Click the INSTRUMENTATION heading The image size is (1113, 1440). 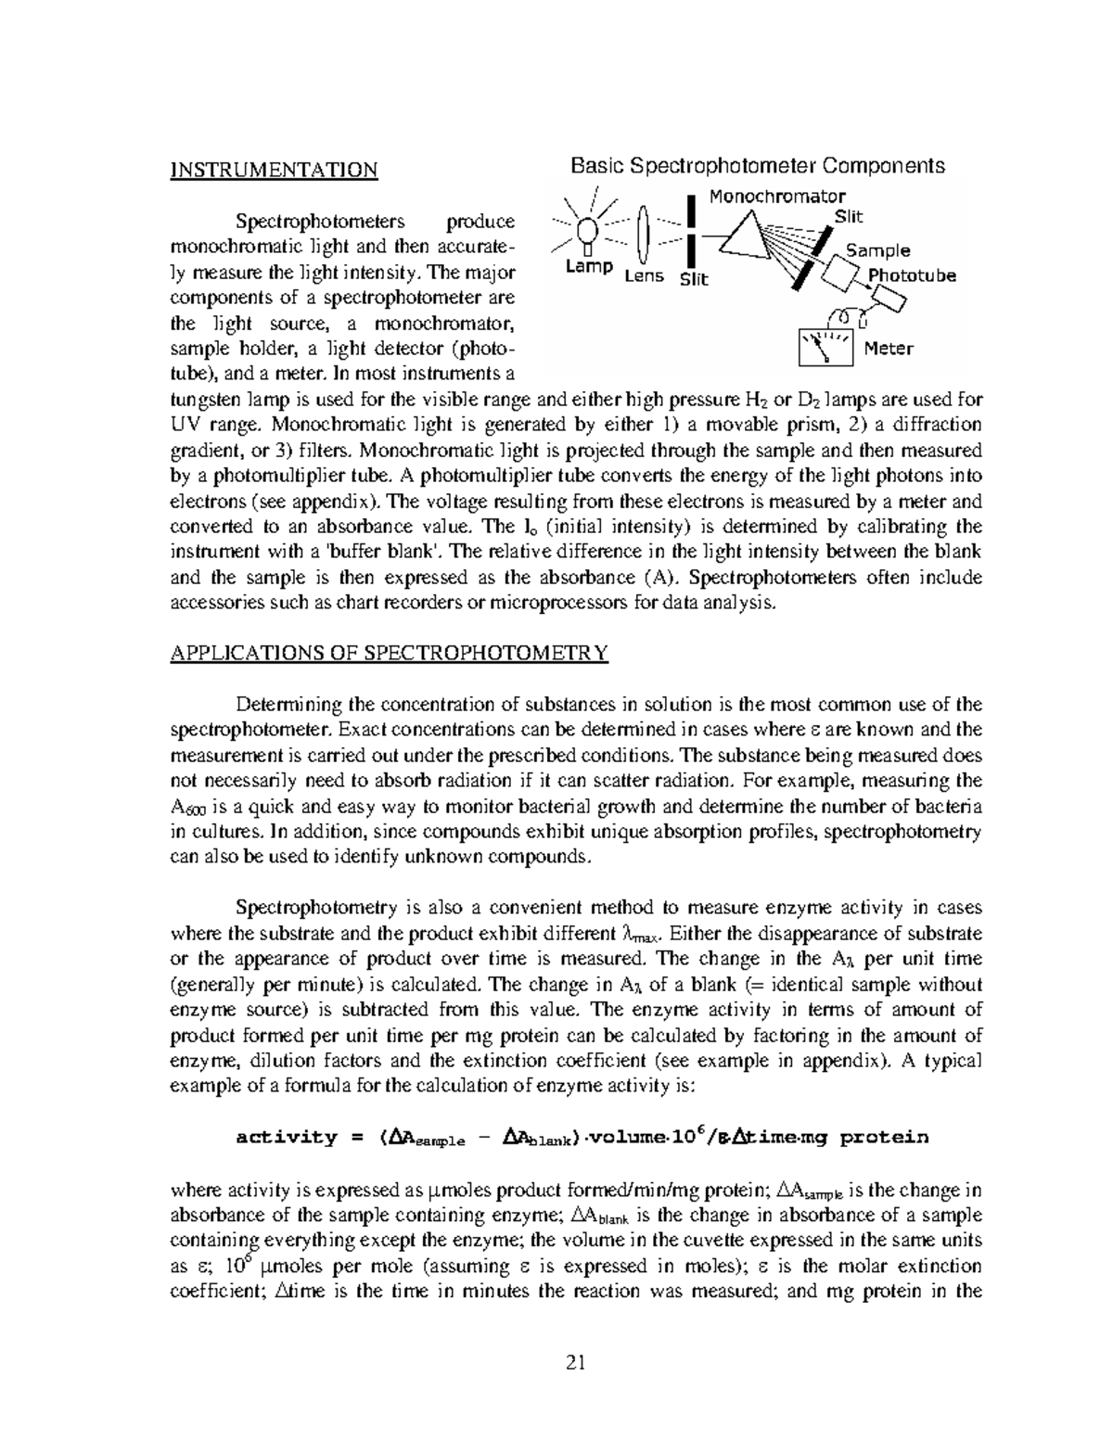274,171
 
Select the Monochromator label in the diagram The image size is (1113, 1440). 776,197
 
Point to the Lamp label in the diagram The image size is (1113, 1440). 589,267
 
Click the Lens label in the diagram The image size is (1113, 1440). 644,276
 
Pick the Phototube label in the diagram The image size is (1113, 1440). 911,275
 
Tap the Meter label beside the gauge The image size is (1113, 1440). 888,349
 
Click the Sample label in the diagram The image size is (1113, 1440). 877,250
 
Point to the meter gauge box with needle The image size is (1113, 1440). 825,348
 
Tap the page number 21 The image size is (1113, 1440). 576,1362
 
